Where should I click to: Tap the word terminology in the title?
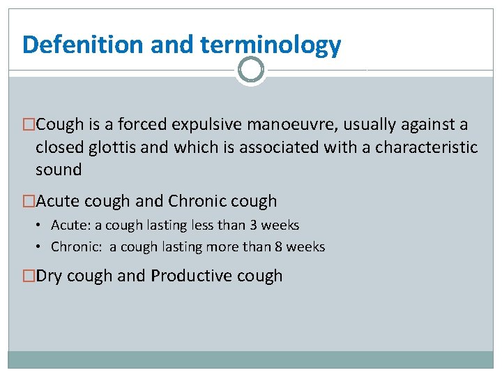pos(271,45)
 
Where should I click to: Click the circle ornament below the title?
pos(251,70)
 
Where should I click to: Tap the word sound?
pos(59,170)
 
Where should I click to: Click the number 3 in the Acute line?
pos(253,226)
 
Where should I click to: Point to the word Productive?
pos(193,276)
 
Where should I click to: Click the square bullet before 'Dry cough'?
pos(29,276)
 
